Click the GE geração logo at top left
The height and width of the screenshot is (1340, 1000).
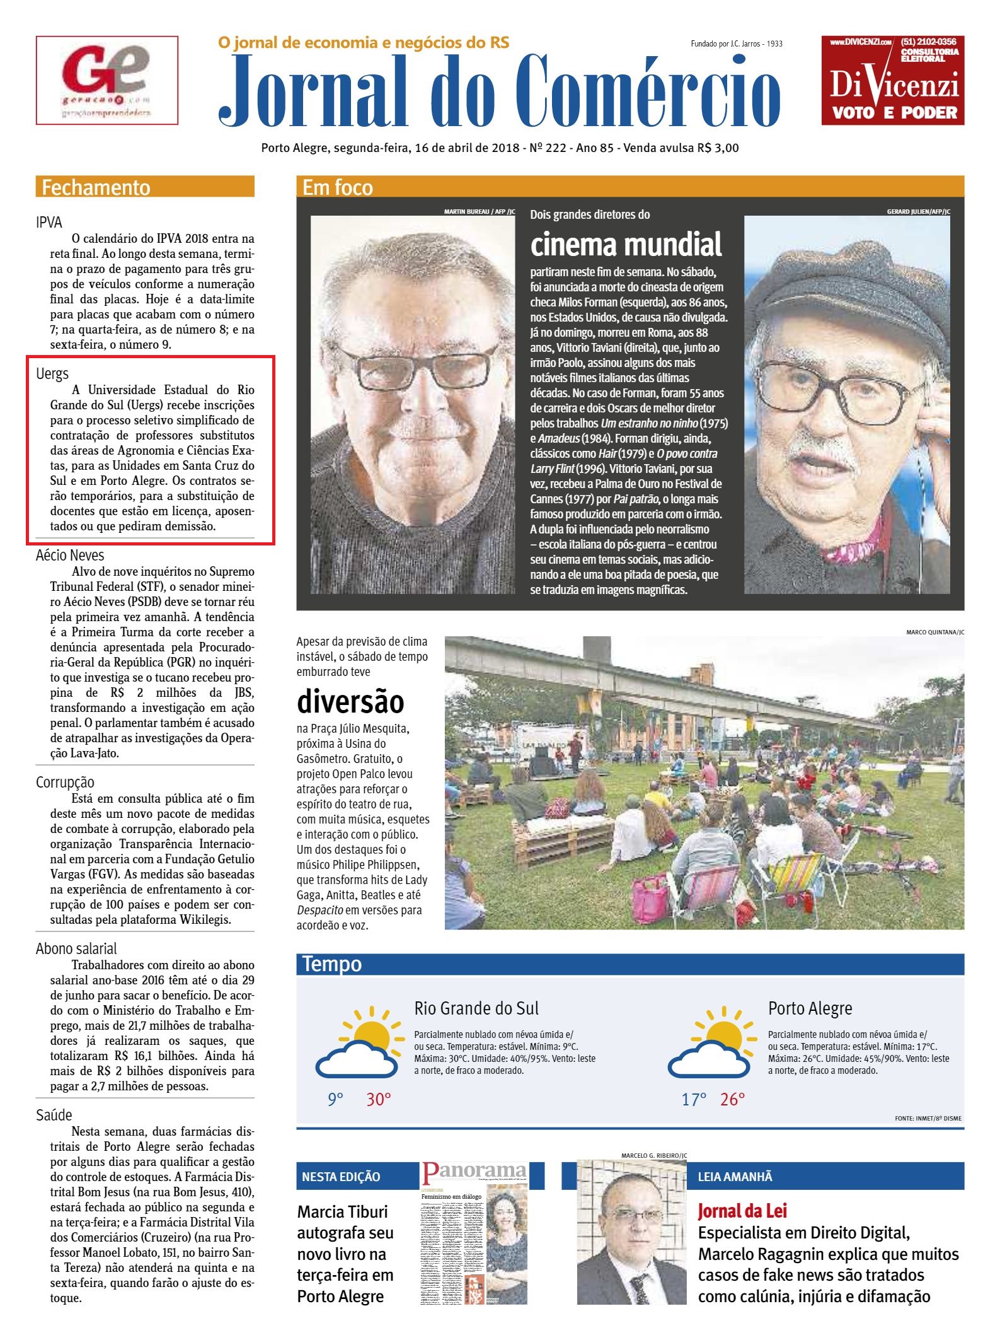click(106, 80)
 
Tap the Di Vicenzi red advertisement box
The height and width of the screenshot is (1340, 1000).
click(892, 80)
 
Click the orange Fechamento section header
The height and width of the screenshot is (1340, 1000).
click(145, 187)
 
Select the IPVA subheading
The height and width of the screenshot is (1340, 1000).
click(49, 223)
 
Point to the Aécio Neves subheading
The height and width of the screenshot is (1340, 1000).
click(70, 556)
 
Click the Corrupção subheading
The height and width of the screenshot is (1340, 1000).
click(65, 783)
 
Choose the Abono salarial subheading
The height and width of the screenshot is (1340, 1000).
click(76, 949)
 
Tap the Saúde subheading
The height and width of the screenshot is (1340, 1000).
click(54, 1116)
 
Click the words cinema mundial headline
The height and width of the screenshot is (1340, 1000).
click(626, 245)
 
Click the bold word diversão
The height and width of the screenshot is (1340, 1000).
click(350, 702)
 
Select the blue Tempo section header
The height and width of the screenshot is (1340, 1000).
click(332, 964)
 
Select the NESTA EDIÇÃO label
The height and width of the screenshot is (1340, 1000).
click(341, 1177)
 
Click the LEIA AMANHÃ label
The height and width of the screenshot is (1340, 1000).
click(735, 1177)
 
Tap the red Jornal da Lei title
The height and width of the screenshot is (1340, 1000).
click(742, 1211)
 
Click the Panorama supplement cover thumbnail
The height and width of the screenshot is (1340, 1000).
click(474, 1233)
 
